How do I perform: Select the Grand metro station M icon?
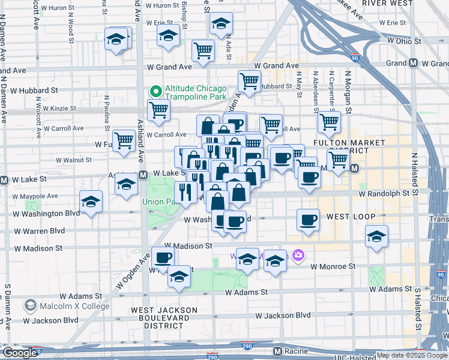coord(414,63)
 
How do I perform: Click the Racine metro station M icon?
coord(277,350)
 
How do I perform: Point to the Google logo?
coord(19,353)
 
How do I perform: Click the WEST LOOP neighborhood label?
coord(351,216)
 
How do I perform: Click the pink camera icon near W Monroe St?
coord(298,256)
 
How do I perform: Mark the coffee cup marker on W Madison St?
coord(163,257)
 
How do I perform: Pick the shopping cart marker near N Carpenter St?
coord(329,121)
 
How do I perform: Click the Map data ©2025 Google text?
coord(412,355)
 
